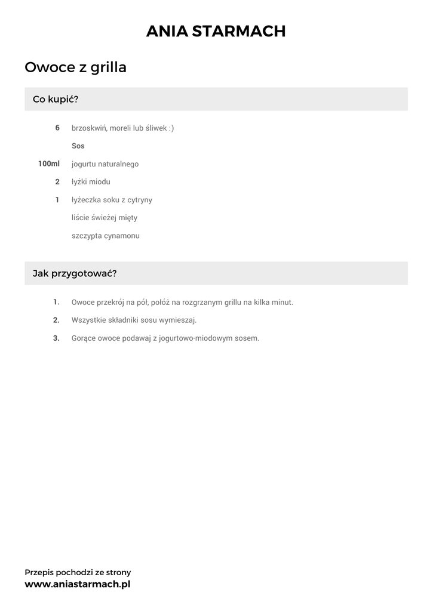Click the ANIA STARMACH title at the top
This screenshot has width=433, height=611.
(216, 32)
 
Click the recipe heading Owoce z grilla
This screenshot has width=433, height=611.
(75, 67)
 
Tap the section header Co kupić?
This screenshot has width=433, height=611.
(56, 99)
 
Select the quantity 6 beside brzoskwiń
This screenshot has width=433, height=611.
(57, 128)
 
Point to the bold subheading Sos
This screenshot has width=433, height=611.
(78, 146)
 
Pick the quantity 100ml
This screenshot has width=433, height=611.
(49, 163)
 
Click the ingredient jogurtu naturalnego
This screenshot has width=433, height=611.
(105, 164)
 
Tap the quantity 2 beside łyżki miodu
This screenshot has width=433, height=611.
(57, 181)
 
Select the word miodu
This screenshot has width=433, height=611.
(100, 182)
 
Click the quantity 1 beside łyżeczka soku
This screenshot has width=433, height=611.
(57, 199)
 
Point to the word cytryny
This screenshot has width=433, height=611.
(139, 200)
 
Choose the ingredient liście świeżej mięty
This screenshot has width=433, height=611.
(105, 218)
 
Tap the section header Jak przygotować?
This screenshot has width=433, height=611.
(75, 273)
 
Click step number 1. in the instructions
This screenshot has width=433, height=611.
(56, 302)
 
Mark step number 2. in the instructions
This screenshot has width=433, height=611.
(56, 320)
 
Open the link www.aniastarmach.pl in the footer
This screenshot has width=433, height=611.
(77, 584)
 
